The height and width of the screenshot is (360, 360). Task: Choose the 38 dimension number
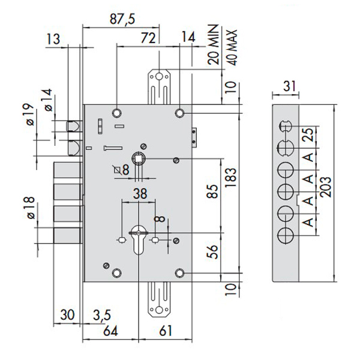(139, 193)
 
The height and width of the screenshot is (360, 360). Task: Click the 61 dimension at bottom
(167, 329)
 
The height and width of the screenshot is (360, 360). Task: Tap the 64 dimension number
(110, 329)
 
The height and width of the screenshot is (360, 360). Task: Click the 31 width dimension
(289, 86)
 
